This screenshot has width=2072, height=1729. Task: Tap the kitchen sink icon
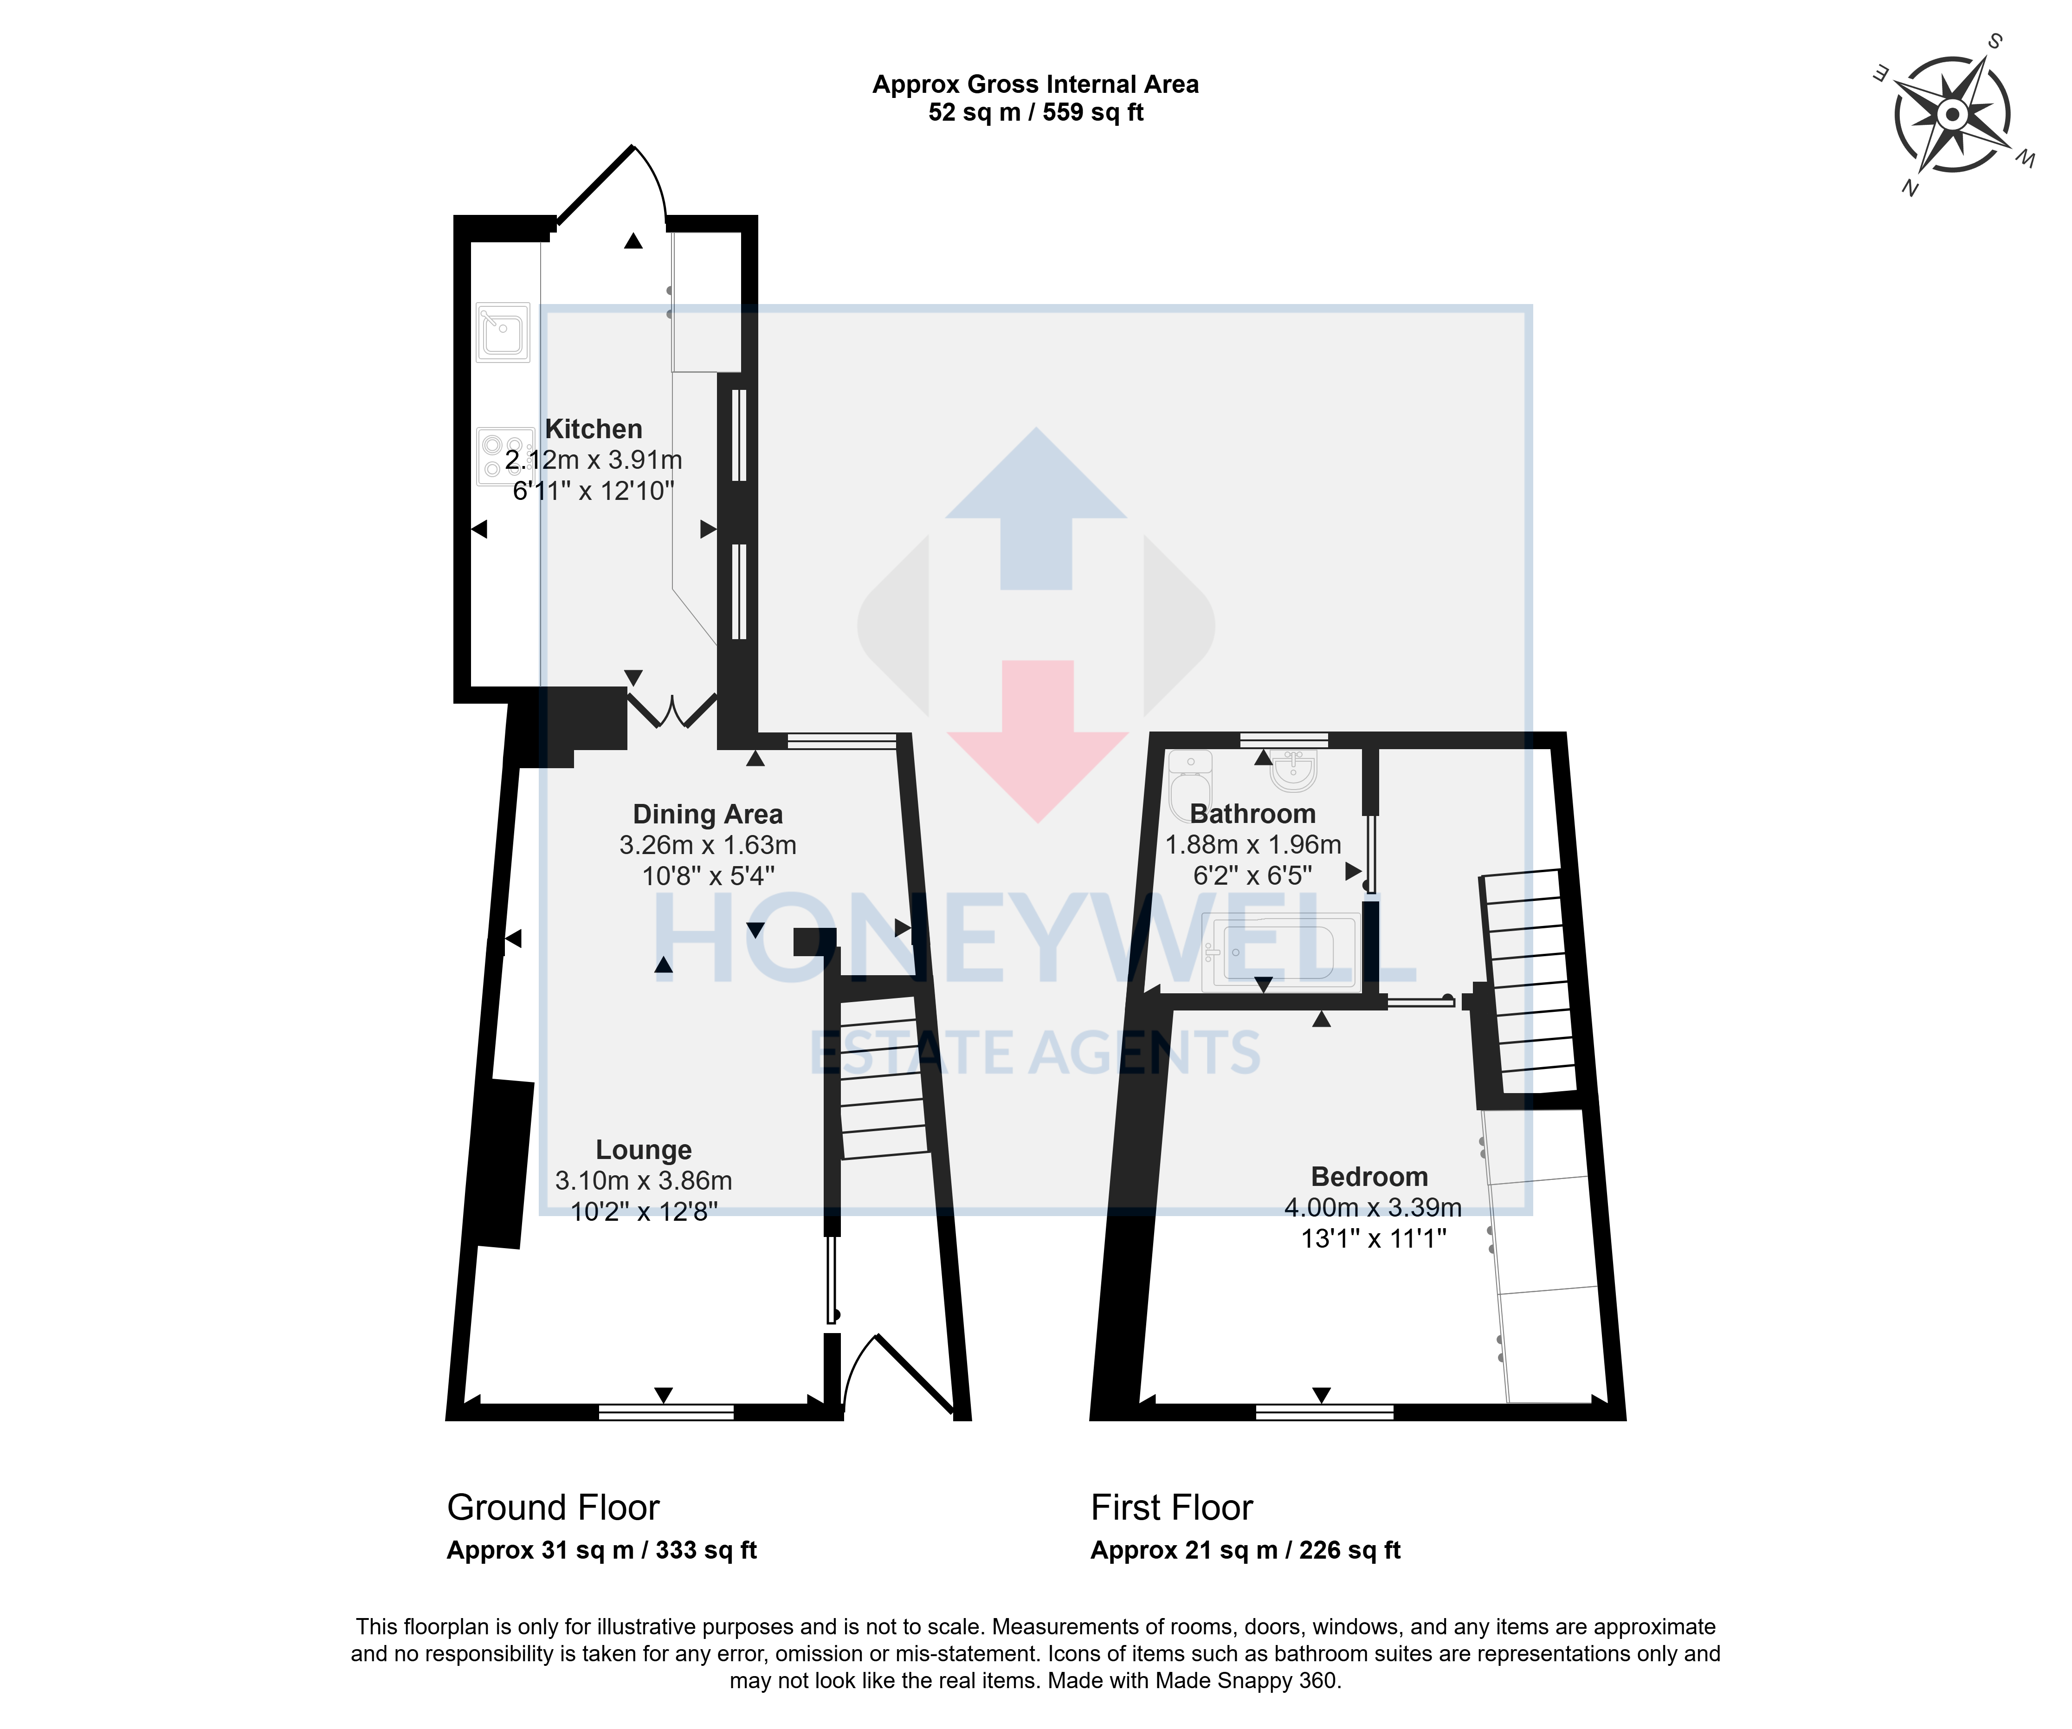[503, 331]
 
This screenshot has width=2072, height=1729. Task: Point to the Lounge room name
[643, 1151]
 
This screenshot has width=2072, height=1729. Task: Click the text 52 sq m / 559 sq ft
[1036, 112]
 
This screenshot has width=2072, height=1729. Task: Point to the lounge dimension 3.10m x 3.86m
[643, 1180]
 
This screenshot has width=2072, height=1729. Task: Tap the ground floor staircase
[881, 1078]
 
